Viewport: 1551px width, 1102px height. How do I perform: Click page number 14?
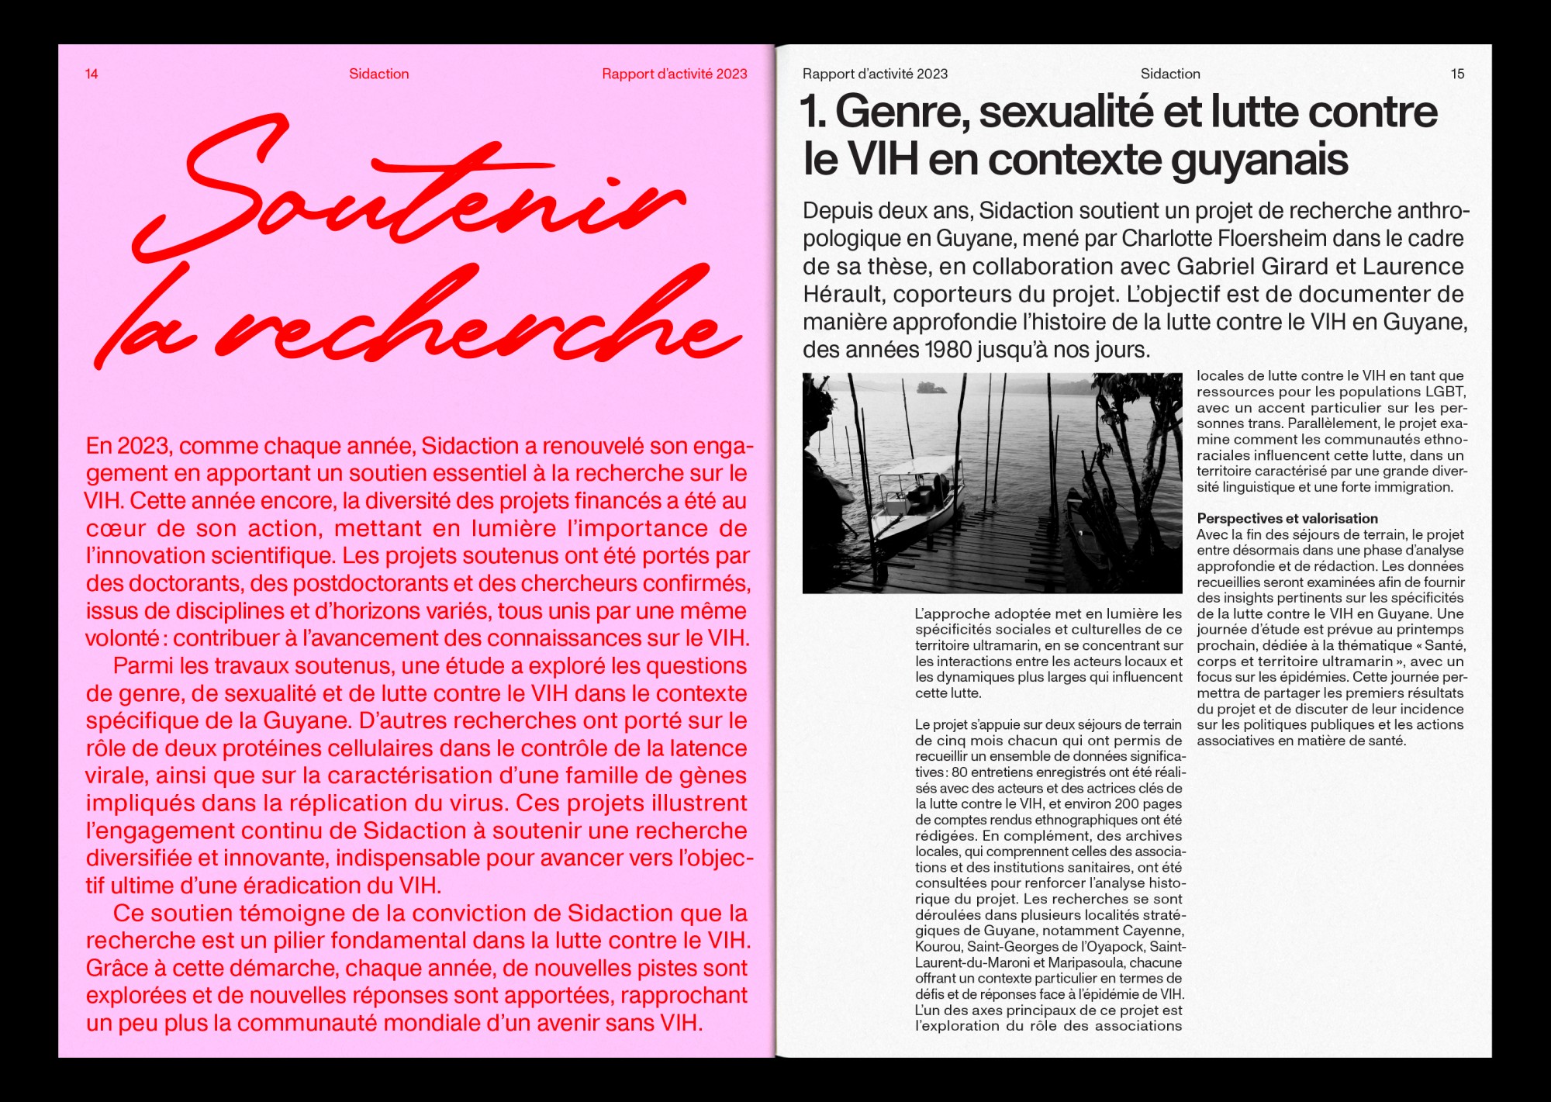[x=92, y=74]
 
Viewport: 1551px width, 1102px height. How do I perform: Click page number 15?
[x=1457, y=74]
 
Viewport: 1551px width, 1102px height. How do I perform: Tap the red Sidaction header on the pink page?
[x=378, y=74]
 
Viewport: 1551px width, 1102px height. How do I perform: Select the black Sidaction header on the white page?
[x=1169, y=74]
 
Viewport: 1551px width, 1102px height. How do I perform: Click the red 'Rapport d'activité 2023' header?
[x=674, y=74]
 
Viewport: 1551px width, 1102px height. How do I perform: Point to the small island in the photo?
[x=931, y=387]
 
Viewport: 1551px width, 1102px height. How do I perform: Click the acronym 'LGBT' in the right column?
[x=1443, y=392]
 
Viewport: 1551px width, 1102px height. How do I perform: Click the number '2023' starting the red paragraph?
[x=144, y=447]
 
